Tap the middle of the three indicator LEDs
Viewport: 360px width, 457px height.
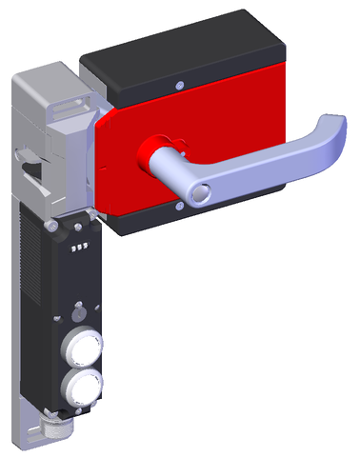pos(77,246)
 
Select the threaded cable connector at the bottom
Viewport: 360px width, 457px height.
pos(50,433)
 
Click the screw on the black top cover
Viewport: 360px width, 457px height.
pos(179,85)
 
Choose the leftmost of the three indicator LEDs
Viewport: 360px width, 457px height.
pos(71,246)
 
